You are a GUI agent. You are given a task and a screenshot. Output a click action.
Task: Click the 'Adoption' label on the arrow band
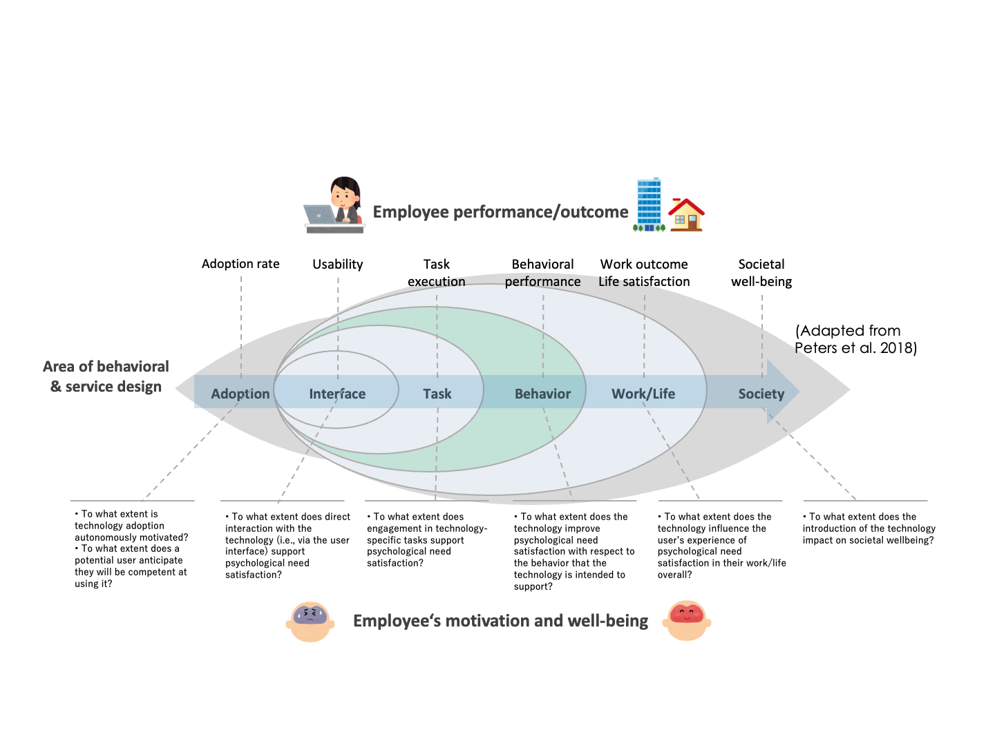[240, 394]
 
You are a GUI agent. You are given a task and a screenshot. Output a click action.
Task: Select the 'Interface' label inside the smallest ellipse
[337, 394]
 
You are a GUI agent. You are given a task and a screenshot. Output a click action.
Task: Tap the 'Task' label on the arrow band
[437, 394]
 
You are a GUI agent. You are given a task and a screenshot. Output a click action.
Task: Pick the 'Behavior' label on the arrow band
[542, 394]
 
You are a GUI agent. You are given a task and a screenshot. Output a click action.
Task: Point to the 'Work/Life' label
[643, 394]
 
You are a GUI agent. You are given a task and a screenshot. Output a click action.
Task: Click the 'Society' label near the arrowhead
[761, 394]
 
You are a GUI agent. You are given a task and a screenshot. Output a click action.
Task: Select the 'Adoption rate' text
[240, 264]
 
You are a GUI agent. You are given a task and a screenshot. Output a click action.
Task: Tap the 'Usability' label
[337, 264]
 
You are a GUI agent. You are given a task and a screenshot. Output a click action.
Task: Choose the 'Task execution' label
[437, 273]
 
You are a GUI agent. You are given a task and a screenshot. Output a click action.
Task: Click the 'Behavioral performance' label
[542, 273]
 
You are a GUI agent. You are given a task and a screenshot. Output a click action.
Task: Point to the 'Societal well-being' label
[761, 273]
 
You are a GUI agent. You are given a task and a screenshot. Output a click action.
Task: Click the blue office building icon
[649, 204]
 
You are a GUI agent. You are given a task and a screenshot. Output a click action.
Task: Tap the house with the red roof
[685, 215]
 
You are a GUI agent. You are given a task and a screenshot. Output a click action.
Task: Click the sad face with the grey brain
[310, 621]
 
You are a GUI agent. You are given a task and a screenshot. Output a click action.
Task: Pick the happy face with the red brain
[686, 620]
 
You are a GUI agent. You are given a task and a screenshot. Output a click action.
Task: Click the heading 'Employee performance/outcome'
[500, 212]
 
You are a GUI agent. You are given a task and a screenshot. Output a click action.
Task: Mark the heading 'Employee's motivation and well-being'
[500, 621]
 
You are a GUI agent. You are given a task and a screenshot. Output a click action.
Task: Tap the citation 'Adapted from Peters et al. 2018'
[855, 339]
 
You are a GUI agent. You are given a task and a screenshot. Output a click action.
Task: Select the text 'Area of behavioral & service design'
[106, 376]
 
